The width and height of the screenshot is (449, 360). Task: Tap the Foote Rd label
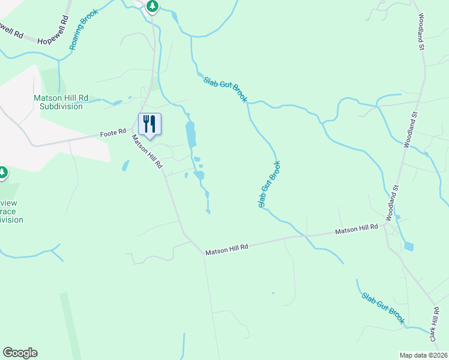point(113,131)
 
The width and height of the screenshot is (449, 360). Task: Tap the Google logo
point(20,353)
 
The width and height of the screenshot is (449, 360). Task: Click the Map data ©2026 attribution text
point(423,355)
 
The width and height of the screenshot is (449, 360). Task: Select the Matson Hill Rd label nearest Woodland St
point(357,230)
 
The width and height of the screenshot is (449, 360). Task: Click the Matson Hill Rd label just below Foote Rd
point(148,151)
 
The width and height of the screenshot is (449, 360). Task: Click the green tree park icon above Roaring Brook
point(152,6)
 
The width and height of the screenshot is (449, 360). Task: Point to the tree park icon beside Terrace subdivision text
point(3,173)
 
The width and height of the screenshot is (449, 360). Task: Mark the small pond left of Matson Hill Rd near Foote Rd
point(125,165)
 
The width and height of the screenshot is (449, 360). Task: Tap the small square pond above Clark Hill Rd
point(409,246)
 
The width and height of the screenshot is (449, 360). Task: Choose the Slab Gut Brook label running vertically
point(270,185)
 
